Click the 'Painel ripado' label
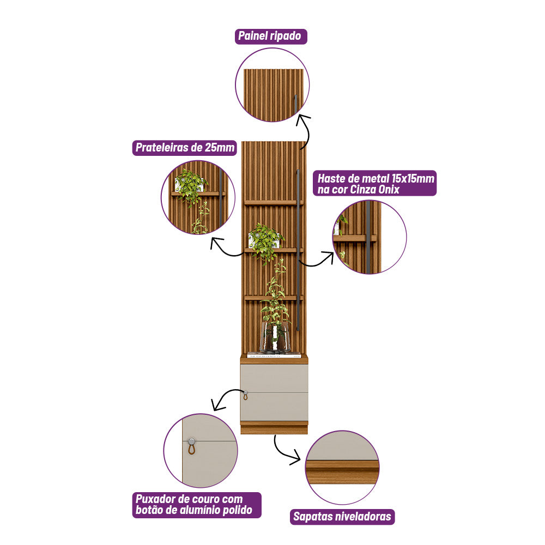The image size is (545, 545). [x=271, y=36]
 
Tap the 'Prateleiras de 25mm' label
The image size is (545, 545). [x=185, y=148]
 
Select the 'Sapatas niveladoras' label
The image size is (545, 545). [x=342, y=517]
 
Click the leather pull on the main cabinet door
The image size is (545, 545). [x=245, y=395]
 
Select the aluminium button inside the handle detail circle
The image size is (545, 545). [x=191, y=441]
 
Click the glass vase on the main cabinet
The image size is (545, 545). [x=275, y=337]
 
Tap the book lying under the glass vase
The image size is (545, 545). [x=274, y=355]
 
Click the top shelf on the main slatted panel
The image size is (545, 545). [x=274, y=203]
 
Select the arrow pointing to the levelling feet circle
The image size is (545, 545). [x=283, y=452]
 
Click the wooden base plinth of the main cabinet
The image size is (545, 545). [x=274, y=428]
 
